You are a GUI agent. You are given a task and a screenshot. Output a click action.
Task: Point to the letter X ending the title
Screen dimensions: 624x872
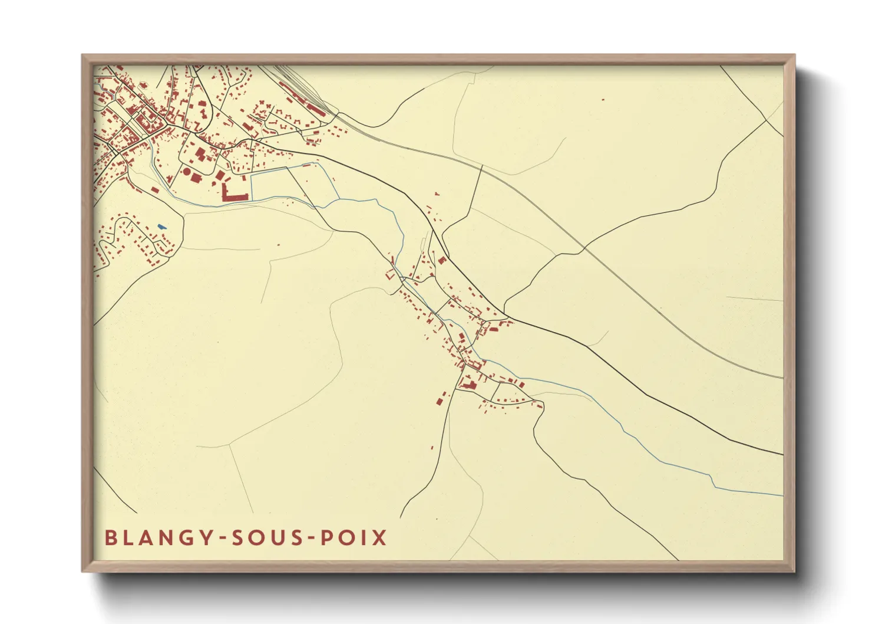380,538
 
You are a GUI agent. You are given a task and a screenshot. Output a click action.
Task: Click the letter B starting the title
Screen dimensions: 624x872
110,538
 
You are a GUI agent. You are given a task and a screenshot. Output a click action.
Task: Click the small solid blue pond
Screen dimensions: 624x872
161,226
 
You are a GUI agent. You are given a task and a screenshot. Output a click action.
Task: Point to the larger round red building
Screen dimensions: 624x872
187,172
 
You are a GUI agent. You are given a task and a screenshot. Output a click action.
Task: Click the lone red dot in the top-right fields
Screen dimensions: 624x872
602,100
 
